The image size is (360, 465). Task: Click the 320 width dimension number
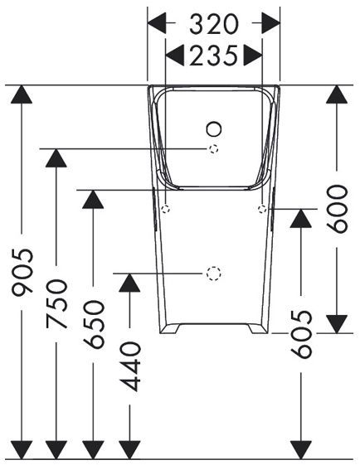pos(214,24)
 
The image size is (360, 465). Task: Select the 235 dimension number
pos(214,56)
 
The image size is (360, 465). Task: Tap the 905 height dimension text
pos(22,272)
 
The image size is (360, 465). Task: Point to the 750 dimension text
pos(56,303)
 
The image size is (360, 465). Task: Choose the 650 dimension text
pos(94,324)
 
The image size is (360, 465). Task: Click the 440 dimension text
pos(129,366)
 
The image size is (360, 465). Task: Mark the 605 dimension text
pos(301,334)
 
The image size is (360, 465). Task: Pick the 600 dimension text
pos(337,209)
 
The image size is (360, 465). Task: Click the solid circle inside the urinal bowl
pos(214,129)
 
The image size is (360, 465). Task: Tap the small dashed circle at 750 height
pos(214,149)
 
